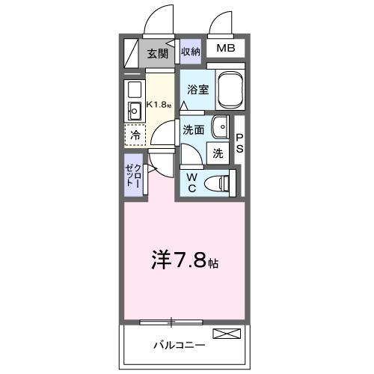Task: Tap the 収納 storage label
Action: click(x=191, y=52)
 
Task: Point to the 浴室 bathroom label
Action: click(x=197, y=88)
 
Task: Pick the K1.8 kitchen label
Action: click(x=159, y=104)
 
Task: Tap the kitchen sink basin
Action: click(x=136, y=114)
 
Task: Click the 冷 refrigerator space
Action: click(x=135, y=135)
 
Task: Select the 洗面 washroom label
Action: click(x=194, y=129)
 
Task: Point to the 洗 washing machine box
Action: click(x=218, y=153)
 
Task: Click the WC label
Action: click(x=191, y=182)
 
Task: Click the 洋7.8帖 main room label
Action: click(x=185, y=264)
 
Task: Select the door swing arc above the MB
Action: click(x=221, y=25)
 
